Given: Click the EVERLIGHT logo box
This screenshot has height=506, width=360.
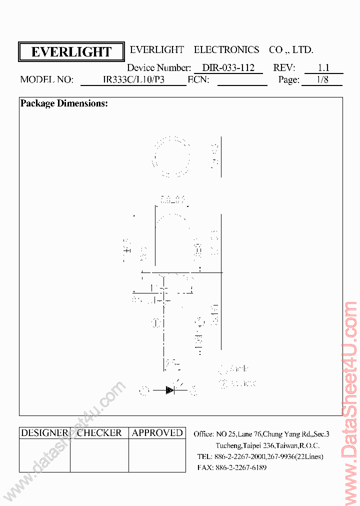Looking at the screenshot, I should [71, 52].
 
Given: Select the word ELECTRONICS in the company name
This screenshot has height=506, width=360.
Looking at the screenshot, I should [226, 50].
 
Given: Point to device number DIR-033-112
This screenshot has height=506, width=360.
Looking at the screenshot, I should [228, 68].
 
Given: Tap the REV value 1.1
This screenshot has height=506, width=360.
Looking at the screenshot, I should [323, 68].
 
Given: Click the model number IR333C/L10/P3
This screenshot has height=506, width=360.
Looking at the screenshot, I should [133, 80].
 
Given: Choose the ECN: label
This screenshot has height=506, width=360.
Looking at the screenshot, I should [198, 80].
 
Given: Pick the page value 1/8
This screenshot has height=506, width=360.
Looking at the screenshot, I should [322, 80].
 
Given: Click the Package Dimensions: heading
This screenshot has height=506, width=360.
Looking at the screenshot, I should [64, 104].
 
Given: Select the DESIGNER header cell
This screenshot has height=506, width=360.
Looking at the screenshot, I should [44, 433].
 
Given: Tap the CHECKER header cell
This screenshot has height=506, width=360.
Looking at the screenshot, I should [99, 433].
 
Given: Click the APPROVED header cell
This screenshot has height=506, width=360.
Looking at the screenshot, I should [157, 433].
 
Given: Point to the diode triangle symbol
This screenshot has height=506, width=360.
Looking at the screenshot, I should [170, 390].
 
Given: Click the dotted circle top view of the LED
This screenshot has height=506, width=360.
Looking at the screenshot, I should [171, 156].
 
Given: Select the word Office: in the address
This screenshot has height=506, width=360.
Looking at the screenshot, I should [204, 434].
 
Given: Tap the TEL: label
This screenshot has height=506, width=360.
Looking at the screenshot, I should [204, 456].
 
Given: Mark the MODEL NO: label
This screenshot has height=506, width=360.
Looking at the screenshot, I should [47, 80].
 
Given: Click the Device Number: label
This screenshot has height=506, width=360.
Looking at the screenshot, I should [159, 68].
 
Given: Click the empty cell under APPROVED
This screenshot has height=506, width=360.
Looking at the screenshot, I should [157, 455].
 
